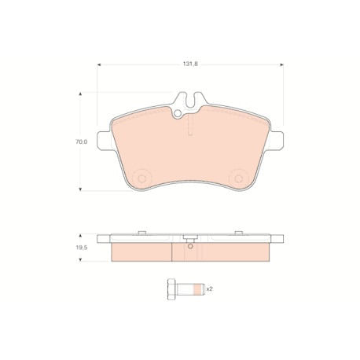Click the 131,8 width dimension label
coord(189,64)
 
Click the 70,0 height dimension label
coord(82,141)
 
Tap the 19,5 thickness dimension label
coord(82,247)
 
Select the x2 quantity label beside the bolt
coord(209,289)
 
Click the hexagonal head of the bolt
coord(171,289)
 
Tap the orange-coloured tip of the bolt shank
coord(199,289)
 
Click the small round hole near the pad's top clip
coord(178,113)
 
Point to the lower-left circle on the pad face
coord(141,179)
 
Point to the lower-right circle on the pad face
coord(238,179)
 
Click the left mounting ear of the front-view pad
coord(105,141)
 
